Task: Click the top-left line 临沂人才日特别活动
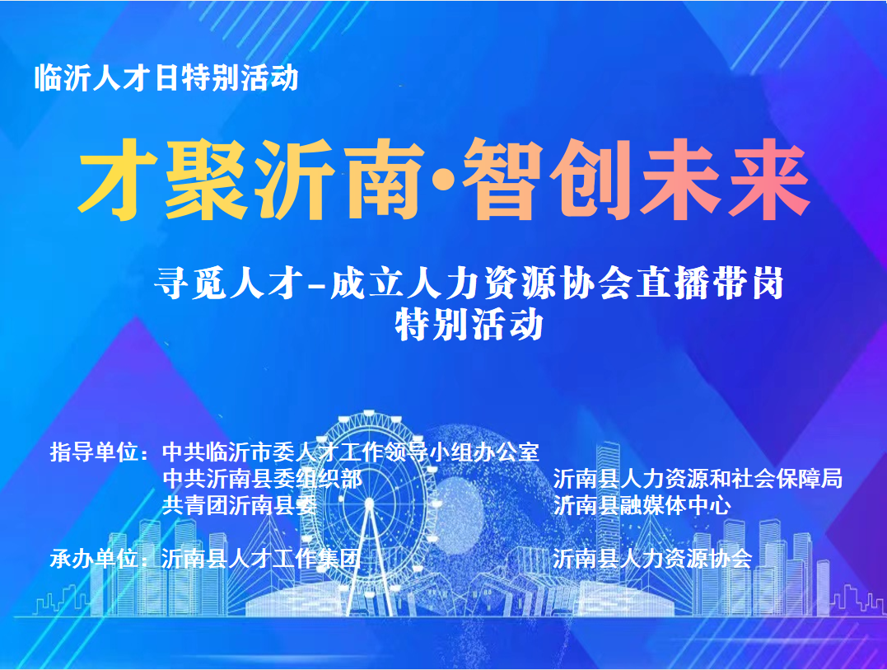pos(166,78)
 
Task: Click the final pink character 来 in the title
pos(768,180)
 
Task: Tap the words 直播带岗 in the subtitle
pos(711,283)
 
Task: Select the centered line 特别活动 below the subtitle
pos(469,324)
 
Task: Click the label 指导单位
pos(94,452)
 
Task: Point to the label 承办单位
pos(94,559)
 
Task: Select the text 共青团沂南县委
pos(240,505)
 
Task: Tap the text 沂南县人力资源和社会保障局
pos(698,479)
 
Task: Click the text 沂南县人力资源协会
pos(652,559)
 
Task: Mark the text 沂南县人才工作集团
pos(261,559)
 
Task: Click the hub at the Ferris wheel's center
pos(370,503)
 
